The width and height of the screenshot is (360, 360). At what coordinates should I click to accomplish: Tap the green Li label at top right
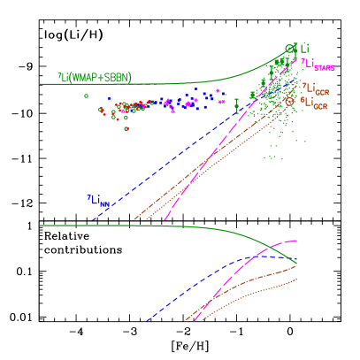[x=303, y=48]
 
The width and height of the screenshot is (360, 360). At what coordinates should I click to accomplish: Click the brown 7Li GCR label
[x=314, y=89]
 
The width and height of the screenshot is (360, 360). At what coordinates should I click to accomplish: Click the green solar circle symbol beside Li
[x=289, y=49]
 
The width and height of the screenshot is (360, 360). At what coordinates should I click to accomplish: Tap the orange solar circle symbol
[x=289, y=102]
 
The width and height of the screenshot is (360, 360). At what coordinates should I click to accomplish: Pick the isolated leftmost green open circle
[x=86, y=96]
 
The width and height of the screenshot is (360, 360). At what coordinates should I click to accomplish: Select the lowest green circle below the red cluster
[x=126, y=128]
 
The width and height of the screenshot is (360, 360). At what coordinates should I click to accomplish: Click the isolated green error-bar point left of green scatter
[x=236, y=103]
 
